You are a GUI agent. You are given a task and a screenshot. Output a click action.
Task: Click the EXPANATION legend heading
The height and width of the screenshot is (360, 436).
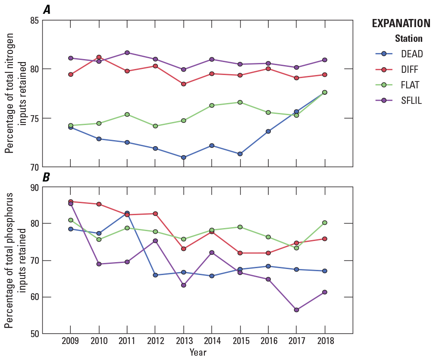pos(401,23)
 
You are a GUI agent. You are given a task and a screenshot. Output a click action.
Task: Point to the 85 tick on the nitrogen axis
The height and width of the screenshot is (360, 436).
pos(35,20)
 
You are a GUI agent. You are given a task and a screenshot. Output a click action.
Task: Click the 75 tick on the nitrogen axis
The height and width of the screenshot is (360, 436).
pos(35,118)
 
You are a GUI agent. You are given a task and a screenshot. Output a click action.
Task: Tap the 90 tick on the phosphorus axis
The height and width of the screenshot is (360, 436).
pos(35,187)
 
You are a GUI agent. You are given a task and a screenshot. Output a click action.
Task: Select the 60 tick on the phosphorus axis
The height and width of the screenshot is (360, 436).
pos(35,297)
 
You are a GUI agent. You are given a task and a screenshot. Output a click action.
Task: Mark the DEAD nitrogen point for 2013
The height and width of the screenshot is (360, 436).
pos(183,157)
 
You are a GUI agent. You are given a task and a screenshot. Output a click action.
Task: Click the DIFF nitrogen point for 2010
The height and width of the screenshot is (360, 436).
pos(99,57)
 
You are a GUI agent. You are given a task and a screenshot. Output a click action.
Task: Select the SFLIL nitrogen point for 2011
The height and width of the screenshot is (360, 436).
pos(127,53)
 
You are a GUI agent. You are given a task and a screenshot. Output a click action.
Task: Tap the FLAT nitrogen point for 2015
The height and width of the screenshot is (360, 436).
pos(240,102)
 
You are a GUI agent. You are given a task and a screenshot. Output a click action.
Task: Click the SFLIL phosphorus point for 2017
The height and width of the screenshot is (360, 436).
pos(296,310)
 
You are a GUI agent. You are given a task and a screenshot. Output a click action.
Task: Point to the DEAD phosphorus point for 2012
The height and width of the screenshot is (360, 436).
pos(155,275)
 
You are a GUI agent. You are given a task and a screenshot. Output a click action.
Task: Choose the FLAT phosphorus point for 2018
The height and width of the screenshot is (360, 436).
pos(324,223)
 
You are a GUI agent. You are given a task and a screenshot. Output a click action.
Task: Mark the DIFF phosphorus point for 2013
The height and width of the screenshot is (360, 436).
pos(183,249)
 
